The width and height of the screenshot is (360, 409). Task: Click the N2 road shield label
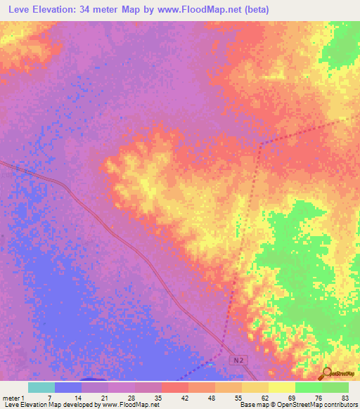click(x=238, y=359)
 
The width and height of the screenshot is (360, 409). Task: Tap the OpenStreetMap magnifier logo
click(x=327, y=373)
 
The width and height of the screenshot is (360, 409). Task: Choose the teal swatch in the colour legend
click(x=41, y=387)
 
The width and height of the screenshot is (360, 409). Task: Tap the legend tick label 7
click(x=49, y=397)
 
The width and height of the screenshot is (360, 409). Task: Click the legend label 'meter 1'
click(x=13, y=397)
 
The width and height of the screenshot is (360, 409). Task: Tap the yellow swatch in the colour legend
click(x=282, y=387)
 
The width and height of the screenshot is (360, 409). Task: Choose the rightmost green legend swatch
click(x=335, y=387)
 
